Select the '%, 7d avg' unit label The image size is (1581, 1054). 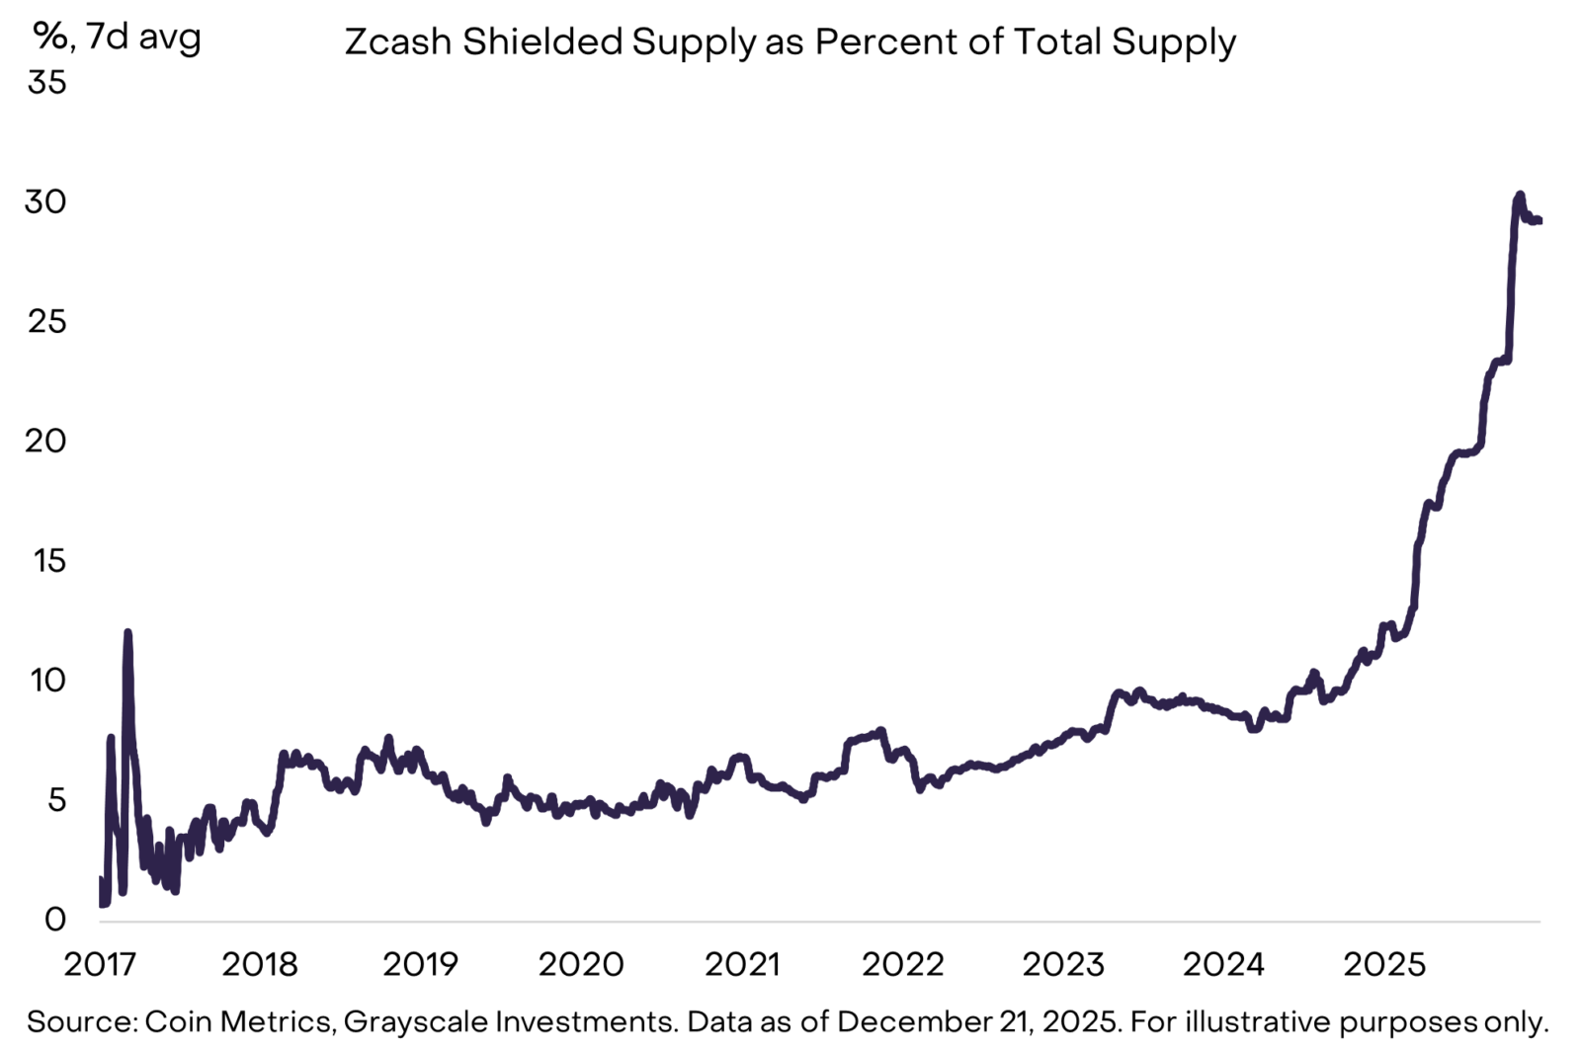pos(118,37)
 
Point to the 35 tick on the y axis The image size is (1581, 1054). pos(46,83)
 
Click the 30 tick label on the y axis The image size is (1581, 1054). pos(46,203)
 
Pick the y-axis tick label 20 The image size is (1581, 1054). pos(46,442)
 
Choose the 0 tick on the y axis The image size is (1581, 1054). pos(55,920)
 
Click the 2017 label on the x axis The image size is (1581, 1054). pos(100,964)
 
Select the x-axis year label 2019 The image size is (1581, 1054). pos(421,964)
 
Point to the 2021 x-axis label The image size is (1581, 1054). pos(742,964)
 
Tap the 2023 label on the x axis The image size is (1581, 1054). pos(1063,964)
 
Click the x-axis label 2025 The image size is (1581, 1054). pos(1384,964)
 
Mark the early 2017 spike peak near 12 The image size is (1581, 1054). pos(127,632)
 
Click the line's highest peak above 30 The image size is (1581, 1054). pos(1520,194)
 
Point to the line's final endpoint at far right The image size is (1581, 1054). pos(1540,220)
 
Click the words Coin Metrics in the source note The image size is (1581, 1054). pos(238,1022)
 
